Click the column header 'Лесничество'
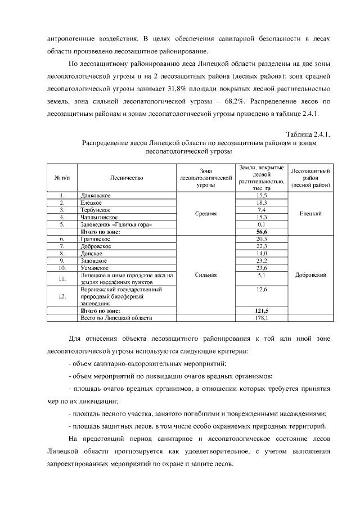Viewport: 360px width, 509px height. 127,178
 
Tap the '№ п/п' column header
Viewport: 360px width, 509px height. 61,178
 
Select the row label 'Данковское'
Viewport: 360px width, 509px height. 95,195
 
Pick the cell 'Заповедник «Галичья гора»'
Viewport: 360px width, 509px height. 116,224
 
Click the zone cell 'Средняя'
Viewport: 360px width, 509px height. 205,213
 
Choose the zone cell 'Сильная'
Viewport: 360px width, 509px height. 205,275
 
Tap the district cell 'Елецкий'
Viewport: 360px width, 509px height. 310,213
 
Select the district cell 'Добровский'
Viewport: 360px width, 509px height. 310,275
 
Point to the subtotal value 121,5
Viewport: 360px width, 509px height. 261,310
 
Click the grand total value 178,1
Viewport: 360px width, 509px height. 261,318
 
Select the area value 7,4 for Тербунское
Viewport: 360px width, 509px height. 261,209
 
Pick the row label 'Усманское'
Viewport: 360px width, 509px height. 94,268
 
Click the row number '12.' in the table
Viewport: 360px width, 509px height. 62,295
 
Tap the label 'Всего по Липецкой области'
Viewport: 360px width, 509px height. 116,318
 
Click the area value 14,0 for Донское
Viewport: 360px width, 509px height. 261,253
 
